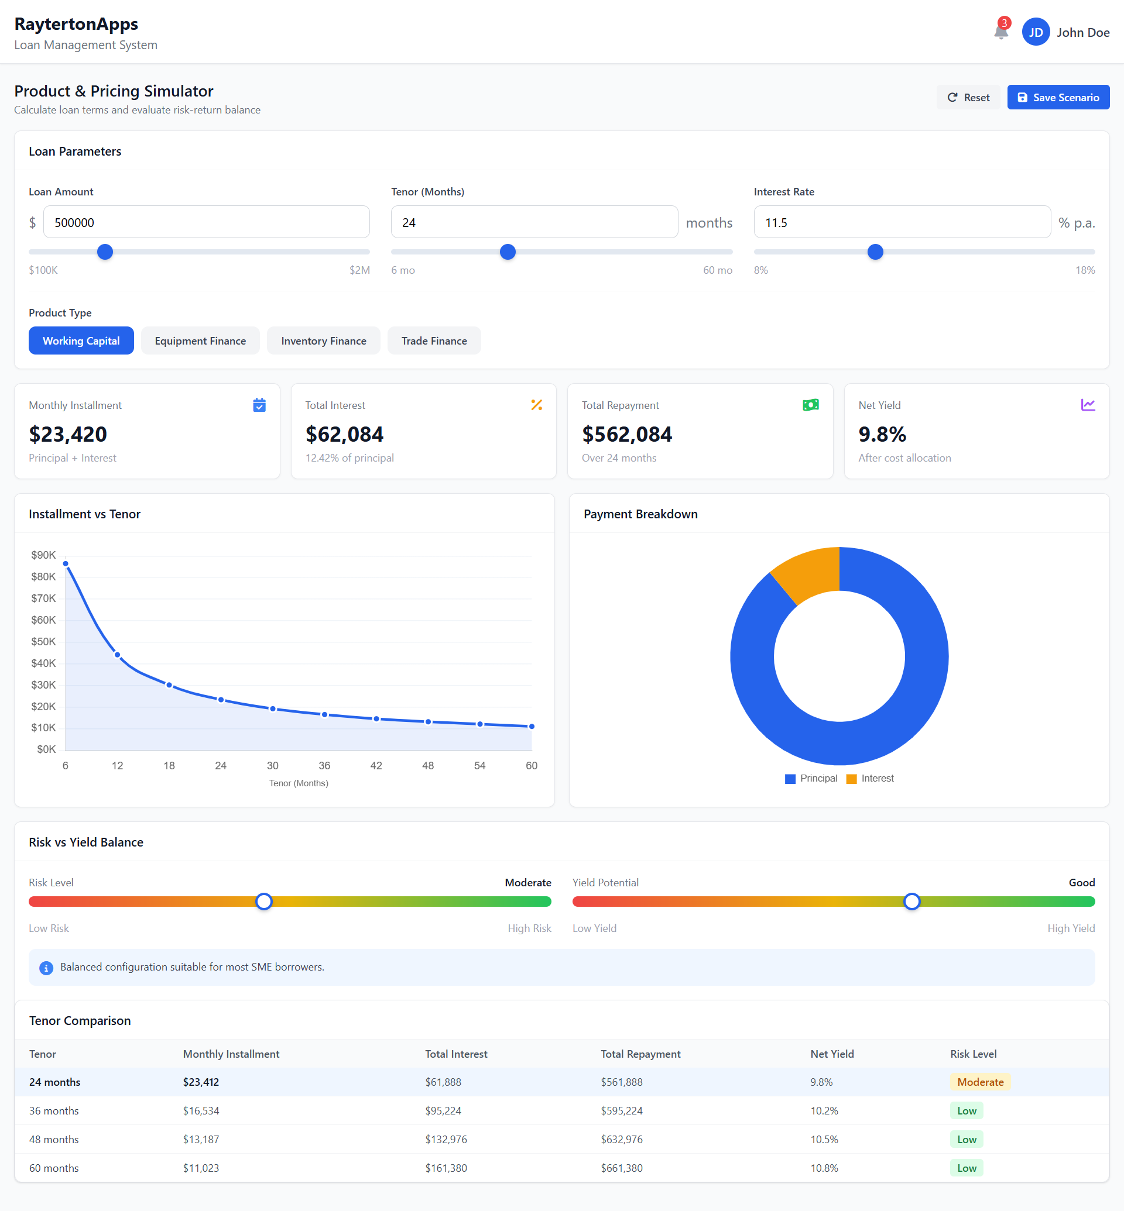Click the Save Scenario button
[x=1058, y=97]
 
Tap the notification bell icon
[x=1000, y=32]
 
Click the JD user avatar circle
[x=1035, y=32]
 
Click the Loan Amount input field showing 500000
[x=206, y=222]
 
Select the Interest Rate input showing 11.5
[x=902, y=222]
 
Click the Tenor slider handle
[x=507, y=252]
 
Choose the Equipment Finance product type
[x=200, y=341]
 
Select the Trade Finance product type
[x=434, y=341]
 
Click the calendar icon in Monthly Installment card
[x=259, y=405]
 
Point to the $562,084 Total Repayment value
[x=626, y=434]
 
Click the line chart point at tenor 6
[x=66, y=563]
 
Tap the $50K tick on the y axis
[x=43, y=641]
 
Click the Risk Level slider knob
[x=263, y=901]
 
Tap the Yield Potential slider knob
[x=911, y=901]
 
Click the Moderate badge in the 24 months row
[x=980, y=1082]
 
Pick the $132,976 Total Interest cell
[x=446, y=1139]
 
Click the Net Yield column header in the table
[x=831, y=1054]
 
